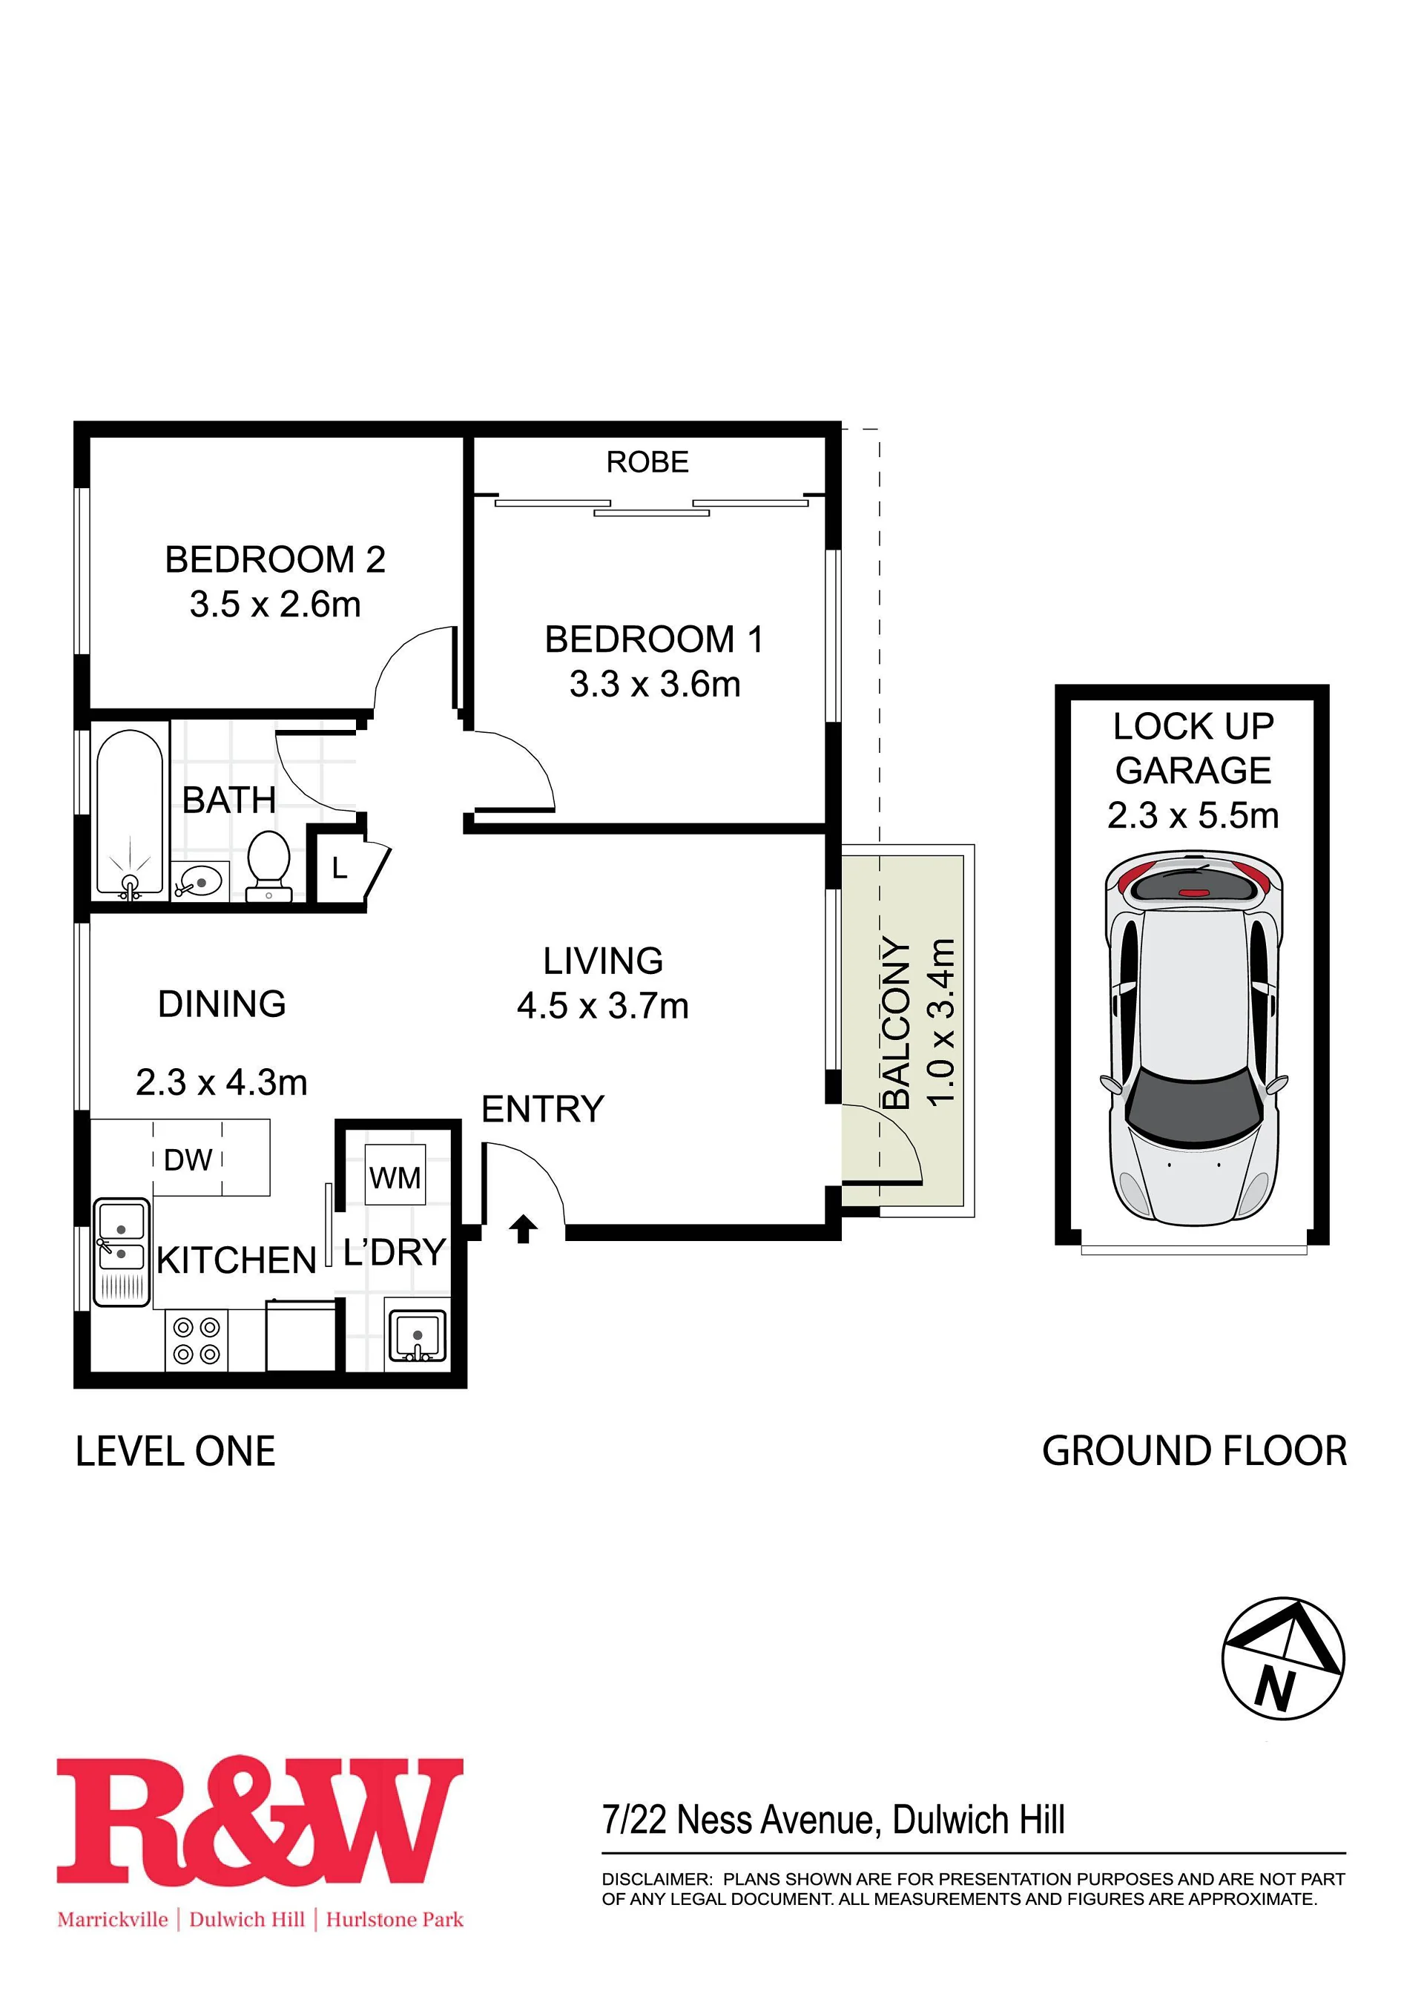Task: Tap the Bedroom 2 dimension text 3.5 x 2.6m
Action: [x=275, y=605]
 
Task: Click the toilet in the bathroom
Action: [x=269, y=866]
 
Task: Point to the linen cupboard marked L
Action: [x=342, y=869]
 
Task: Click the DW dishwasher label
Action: [x=188, y=1159]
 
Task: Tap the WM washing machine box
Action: [x=395, y=1176]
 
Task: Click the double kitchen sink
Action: [x=122, y=1253]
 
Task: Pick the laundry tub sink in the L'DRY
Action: [x=418, y=1336]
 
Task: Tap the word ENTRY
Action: [x=543, y=1110]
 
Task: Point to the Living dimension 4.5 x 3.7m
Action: [x=602, y=1006]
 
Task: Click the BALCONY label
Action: [x=896, y=1022]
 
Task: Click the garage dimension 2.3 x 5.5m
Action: [x=1193, y=816]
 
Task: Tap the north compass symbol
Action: [x=1283, y=1659]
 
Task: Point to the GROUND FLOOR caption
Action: [x=1194, y=1452]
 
